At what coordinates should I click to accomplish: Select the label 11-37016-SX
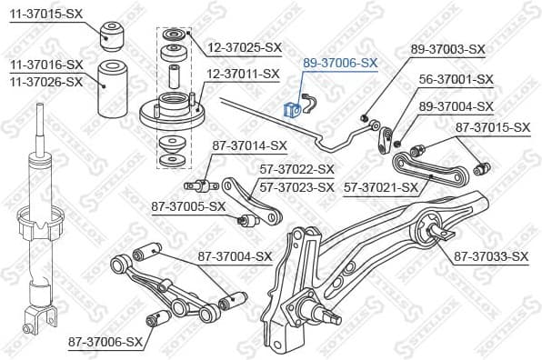[x=46, y=65]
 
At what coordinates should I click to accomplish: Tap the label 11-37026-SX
[x=46, y=81]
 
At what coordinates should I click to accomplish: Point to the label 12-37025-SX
[x=245, y=45]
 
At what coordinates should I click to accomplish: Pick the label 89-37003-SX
[x=447, y=49]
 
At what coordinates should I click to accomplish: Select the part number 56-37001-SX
[x=456, y=79]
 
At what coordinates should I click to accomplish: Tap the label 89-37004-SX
[x=455, y=106]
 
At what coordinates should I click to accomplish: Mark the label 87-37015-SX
[x=492, y=126]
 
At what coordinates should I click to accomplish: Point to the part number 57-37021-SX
[x=380, y=188]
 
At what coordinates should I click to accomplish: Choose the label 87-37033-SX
[x=490, y=257]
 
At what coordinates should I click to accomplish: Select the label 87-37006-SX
[x=105, y=342]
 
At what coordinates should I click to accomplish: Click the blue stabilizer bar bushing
[x=293, y=109]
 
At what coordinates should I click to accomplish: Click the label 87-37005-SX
[x=188, y=206]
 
